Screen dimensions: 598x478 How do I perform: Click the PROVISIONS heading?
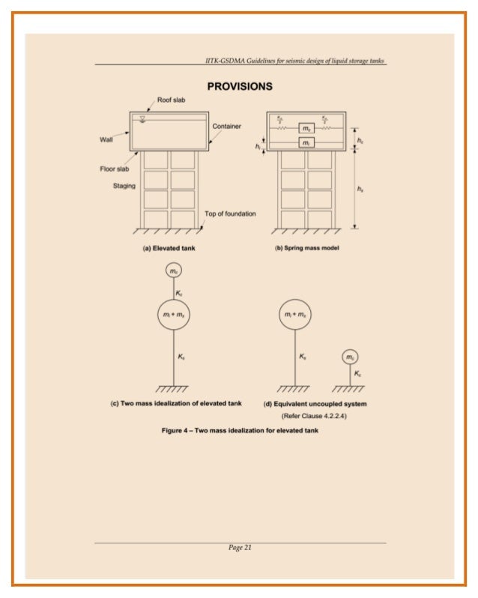(x=240, y=86)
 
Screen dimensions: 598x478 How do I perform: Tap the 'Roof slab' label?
(x=172, y=100)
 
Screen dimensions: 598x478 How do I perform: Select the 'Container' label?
(x=226, y=126)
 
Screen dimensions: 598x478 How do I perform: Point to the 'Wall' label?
(x=106, y=139)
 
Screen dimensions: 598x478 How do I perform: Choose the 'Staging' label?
(x=124, y=186)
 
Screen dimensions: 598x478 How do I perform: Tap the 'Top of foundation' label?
(x=230, y=214)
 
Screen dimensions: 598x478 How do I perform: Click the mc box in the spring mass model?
(x=306, y=128)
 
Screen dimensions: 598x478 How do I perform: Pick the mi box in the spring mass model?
(x=306, y=142)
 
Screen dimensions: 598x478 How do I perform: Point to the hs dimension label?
(x=362, y=190)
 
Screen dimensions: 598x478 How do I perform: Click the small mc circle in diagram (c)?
(x=173, y=271)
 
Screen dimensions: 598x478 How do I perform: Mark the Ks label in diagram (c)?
(x=182, y=357)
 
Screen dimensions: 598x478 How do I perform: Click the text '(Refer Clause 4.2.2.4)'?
(x=314, y=414)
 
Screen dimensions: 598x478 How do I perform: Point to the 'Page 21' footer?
(x=240, y=548)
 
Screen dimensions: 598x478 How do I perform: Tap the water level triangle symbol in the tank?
(x=142, y=119)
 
